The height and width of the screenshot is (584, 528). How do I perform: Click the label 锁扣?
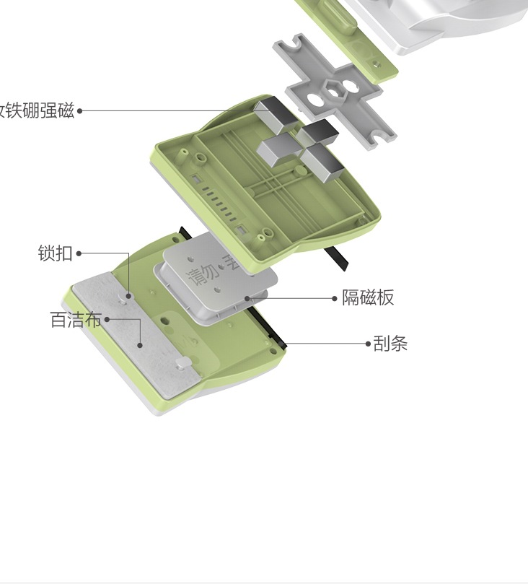click(56, 253)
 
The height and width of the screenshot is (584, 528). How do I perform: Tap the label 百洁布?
click(75, 320)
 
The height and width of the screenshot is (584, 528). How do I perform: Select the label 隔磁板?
click(368, 298)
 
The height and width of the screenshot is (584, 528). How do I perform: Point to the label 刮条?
click(391, 344)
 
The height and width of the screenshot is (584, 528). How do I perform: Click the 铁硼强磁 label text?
click(37, 111)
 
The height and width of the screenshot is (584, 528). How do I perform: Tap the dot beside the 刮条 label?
click(368, 344)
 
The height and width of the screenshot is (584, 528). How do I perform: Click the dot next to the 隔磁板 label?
click(335, 298)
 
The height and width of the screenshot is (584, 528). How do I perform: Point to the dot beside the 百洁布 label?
click(107, 318)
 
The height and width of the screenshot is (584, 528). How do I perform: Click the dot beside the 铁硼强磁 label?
click(80, 111)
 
